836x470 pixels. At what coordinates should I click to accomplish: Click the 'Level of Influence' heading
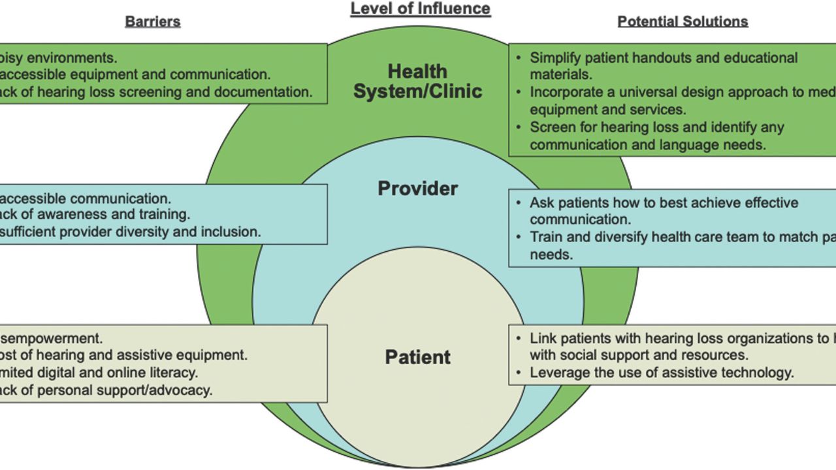click(420, 8)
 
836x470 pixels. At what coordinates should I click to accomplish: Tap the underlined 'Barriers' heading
click(152, 22)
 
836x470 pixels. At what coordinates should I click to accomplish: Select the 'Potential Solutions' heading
click(683, 22)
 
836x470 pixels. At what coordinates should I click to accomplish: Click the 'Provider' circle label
click(418, 189)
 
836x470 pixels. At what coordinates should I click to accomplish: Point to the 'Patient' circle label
click(418, 357)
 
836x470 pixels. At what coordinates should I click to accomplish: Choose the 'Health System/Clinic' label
click(418, 81)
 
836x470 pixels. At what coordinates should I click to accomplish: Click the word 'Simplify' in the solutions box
click(555, 58)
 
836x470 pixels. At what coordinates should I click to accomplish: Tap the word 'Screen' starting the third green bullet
click(551, 127)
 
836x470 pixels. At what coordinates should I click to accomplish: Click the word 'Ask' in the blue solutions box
click(541, 203)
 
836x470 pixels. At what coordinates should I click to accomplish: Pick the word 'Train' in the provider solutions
click(546, 237)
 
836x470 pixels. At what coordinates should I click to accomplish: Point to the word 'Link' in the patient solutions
click(543, 338)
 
